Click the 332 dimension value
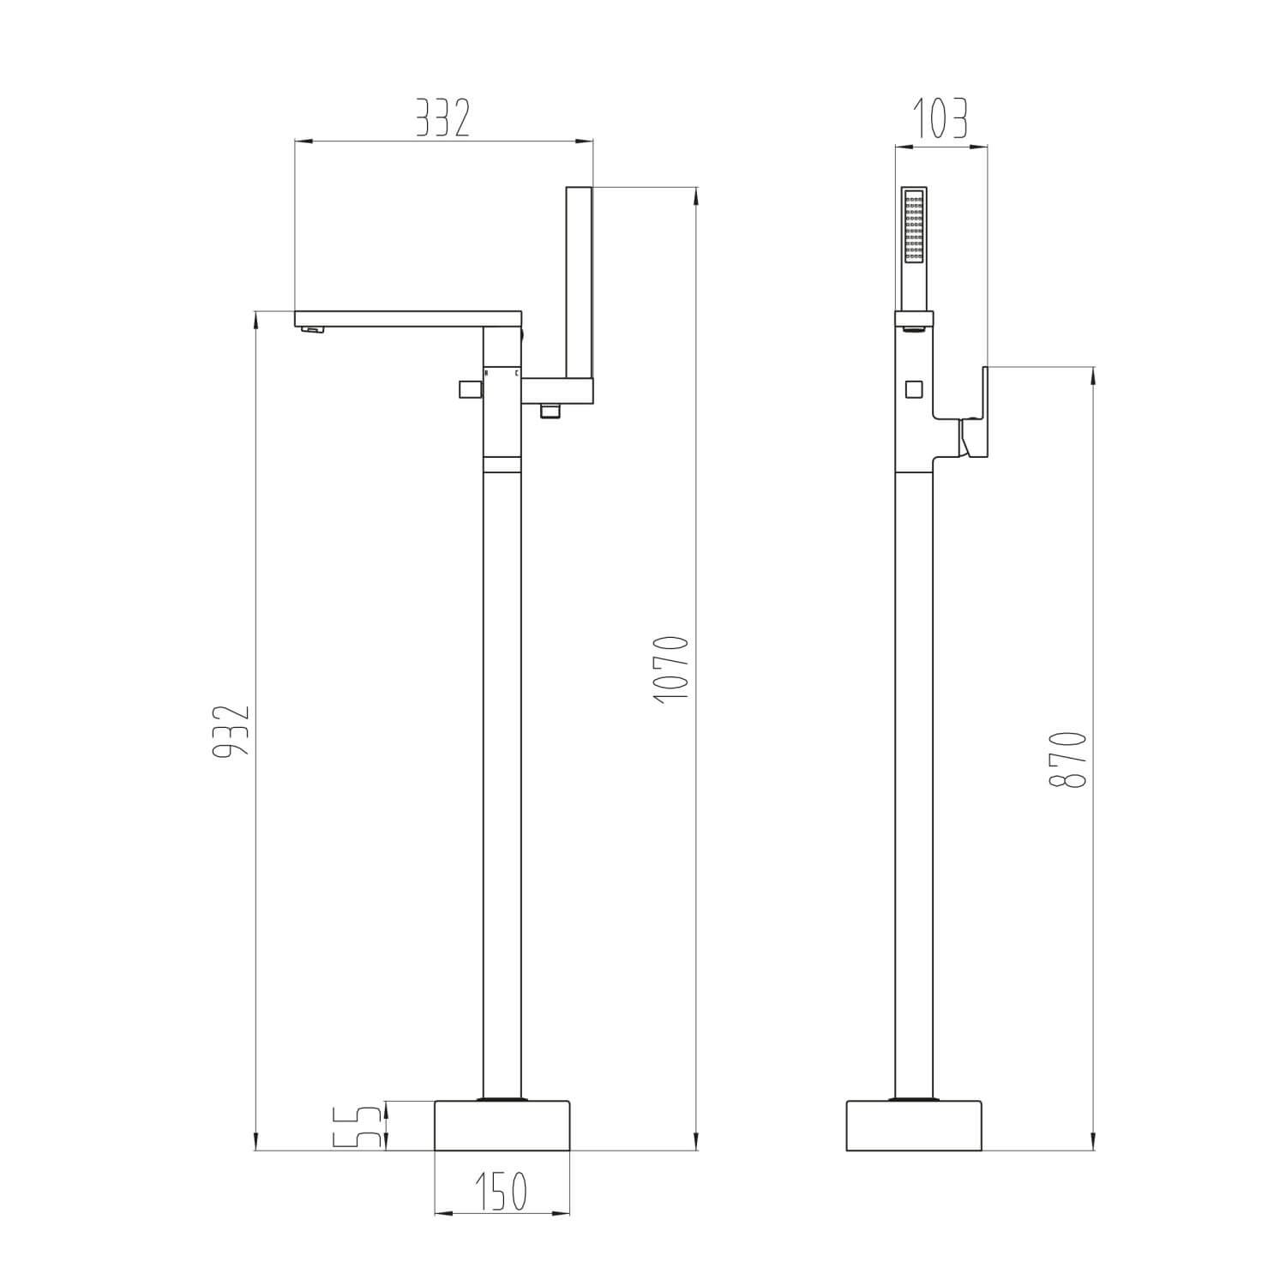pos(443,117)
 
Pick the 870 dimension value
pos(1067,760)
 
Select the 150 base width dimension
pos(502,1191)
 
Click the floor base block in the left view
pos(502,1125)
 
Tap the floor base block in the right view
pos(914,1125)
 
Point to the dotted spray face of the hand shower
pos(914,227)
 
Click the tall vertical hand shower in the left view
pos(580,283)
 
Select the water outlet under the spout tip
pos(315,330)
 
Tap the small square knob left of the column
pos(468,390)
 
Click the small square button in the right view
pos(914,389)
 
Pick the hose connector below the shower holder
pos(550,412)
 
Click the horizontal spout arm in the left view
pos(408,318)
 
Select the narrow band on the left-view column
pos(502,465)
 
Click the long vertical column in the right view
pos(914,772)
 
